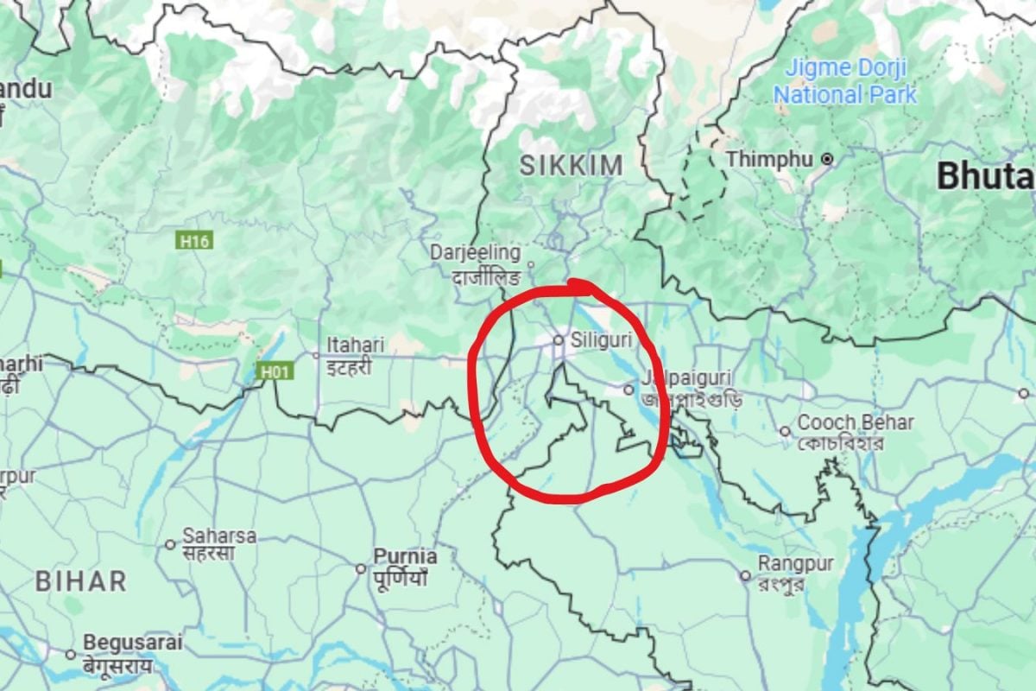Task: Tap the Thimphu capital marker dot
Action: point(827,159)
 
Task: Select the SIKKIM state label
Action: point(571,166)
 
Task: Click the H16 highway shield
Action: point(194,241)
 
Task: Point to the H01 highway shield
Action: point(275,371)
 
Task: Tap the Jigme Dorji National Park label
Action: point(844,81)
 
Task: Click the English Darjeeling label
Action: point(476,253)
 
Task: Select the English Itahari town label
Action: point(355,345)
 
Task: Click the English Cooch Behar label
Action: point(856,423)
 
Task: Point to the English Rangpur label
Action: point(795,564)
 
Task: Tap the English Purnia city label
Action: point(405,556)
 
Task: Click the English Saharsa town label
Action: point(219,536)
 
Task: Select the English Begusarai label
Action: point(133,643)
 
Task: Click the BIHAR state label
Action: point(81,581)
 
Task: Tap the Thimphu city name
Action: point(770,160)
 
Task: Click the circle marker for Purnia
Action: point(361,568)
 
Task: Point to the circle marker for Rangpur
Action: point(745,575)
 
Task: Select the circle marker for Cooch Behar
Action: point(785,431)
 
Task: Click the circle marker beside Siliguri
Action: point(559,340)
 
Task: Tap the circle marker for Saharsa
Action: point(170,544)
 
